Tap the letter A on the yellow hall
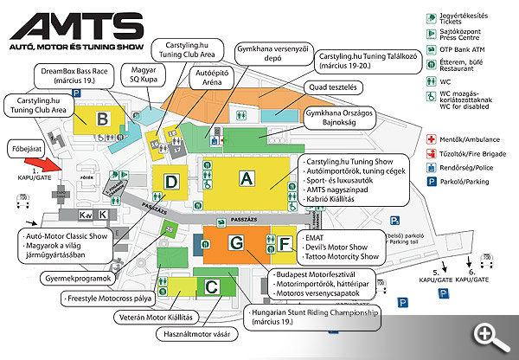tap(248, 178)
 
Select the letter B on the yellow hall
tap(102, 119)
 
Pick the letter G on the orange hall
tap(236, 245)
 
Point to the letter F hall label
tap(284, 244)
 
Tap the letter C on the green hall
tap(212, 286)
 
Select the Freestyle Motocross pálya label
tap(111, 298)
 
